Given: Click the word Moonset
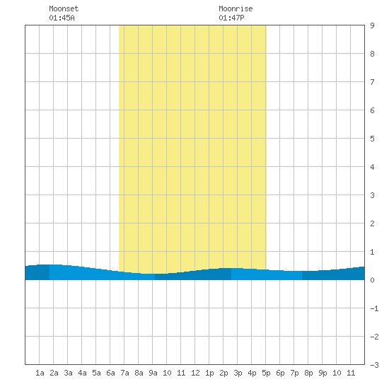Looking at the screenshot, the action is (64, 8).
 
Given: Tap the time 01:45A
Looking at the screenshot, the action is (62, 18).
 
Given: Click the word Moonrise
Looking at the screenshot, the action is (236, 8).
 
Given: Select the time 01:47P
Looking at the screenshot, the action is (231, 18).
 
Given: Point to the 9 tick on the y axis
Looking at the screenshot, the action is (372, 25).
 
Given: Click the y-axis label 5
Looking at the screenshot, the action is (372, 139).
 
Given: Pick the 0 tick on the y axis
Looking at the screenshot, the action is (372, 280).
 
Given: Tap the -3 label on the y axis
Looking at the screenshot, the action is (374, 365).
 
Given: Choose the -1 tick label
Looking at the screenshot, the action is (374, 308).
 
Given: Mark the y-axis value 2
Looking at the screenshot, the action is (372, 223).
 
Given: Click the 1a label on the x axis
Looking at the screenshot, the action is (40, 373).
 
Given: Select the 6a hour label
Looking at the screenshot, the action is (110, 373).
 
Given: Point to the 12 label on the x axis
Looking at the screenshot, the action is (195, 373).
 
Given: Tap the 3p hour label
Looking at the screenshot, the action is (238, 373).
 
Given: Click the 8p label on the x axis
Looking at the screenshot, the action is (308, 373).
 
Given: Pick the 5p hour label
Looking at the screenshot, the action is (266, 373).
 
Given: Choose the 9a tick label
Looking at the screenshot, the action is (153, 373).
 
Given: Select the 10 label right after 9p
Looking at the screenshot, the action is (337, 373).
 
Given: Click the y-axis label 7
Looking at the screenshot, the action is (372, 82).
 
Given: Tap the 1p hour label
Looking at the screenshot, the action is (209, 373).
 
